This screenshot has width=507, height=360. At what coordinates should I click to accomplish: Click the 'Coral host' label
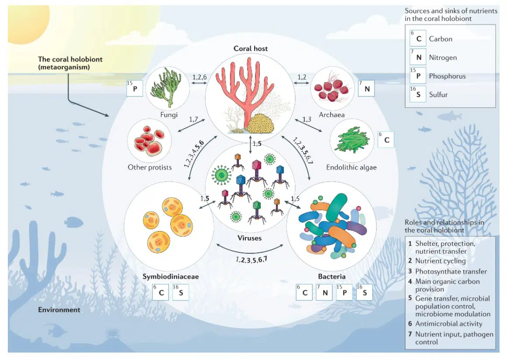click(x=250, y=48)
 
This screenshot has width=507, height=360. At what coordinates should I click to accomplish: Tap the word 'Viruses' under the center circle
click(x=250, y=238)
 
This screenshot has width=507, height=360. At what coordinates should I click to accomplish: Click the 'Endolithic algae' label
click(x=351, y=167)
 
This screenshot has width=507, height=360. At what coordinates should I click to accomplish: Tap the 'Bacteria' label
click(x=332, y=276)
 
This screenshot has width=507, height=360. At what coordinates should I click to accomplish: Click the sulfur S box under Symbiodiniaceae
click(x=180, y=293)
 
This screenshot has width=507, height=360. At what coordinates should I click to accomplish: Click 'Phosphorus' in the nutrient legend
click(x=447, y=76)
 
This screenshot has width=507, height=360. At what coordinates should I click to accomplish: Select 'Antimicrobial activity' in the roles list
click(x=448, y=324)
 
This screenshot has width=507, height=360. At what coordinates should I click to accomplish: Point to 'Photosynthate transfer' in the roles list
click(x=451, y=271)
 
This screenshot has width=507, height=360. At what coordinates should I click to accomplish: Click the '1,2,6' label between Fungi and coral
click(x=200, y=77)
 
